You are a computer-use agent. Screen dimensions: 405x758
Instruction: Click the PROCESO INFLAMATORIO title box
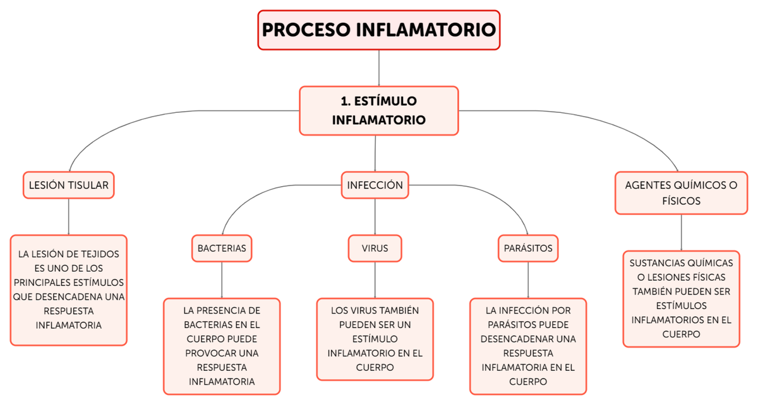click(378, 30)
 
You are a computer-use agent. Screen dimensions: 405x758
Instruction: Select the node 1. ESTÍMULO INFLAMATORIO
click(378, 110)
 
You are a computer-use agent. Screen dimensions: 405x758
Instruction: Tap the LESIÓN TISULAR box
click(68, 185)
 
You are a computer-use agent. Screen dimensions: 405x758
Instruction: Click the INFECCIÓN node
click(375, 185)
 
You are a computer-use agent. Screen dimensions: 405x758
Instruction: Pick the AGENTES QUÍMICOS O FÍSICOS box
click(681, 193)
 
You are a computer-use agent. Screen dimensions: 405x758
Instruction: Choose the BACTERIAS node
click(222, 248)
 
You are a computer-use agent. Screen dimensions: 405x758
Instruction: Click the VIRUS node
click(375, 248)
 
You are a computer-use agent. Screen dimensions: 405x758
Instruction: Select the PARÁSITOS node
click(528, 248)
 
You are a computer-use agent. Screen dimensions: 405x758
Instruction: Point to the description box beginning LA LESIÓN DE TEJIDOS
click(68, 290)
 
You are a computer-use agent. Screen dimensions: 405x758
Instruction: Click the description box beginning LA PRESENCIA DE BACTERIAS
click(222, 346)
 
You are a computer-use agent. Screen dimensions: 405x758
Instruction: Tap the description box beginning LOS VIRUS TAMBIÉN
click(375, 339)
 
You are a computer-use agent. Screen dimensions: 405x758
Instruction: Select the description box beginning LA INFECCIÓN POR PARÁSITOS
click(528, 346)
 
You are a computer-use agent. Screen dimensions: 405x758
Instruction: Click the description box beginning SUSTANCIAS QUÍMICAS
click(681, 298)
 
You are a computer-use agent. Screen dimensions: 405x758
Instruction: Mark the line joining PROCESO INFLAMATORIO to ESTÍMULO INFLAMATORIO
click(378, 67)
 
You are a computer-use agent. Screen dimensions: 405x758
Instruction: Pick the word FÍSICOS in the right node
click(681, 201)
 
